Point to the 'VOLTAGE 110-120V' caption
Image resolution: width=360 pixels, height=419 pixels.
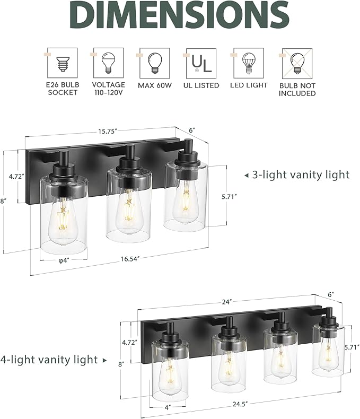click(x=109, y=89)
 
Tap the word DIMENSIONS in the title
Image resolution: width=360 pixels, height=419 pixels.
click(x=180, y=16)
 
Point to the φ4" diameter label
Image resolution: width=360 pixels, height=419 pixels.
click(x=64, y=260)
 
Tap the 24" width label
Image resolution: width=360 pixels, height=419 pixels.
click(x=227, y=302)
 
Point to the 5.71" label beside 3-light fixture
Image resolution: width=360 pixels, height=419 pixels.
click(x=228, y=197)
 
